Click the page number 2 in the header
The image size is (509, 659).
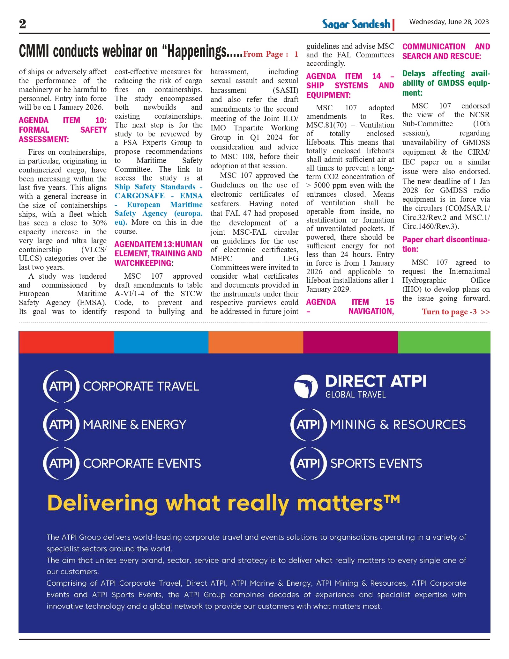(23, 24)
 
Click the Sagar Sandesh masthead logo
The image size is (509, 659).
(357, 24)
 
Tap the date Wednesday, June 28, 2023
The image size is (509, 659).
(449, 22)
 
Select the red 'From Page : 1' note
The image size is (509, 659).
(270, 54)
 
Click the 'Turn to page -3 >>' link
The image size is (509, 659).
(455, 312)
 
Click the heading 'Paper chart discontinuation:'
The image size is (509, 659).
(445, 244)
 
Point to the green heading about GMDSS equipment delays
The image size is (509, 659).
(445, 83)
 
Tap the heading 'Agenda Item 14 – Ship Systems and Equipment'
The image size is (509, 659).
(350, 85)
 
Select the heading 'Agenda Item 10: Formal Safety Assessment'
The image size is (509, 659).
(63, 130)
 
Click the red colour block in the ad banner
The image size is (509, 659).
(66, 342)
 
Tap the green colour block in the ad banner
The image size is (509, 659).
(444, 342)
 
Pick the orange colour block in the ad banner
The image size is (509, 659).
(256, 342)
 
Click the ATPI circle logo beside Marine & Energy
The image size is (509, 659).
(61, 425)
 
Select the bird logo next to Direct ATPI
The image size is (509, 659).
(306, 386)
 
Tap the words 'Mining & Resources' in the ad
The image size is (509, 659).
(398, 425)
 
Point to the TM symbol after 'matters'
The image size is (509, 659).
(392, 499)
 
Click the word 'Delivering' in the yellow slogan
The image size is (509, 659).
(102, 503)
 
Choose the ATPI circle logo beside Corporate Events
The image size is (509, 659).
(61, 464)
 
